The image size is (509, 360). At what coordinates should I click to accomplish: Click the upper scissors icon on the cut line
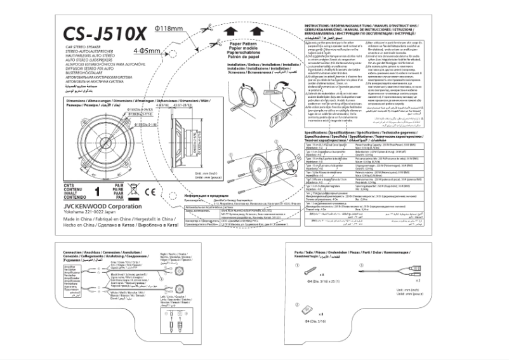(x=208, y=27)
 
